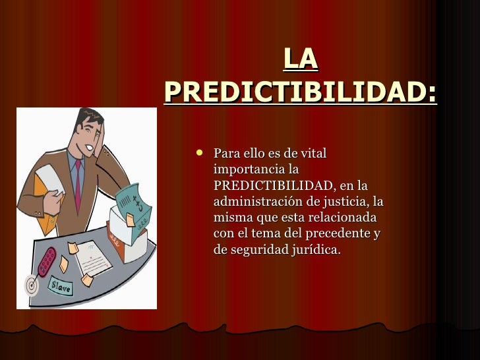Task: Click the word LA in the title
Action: [301, 60]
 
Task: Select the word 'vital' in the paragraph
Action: [312, 154]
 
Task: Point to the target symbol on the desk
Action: [31, 285]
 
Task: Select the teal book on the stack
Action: [135, 198]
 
